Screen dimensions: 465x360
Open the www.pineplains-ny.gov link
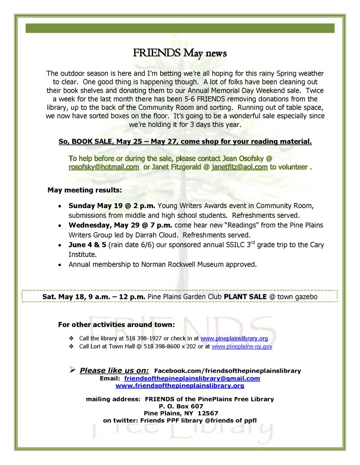point(242,347)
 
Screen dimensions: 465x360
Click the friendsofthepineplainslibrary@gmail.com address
point(192,378)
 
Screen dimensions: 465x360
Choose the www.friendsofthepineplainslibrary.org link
point(179,385)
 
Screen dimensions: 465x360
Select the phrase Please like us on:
point(114,371)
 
